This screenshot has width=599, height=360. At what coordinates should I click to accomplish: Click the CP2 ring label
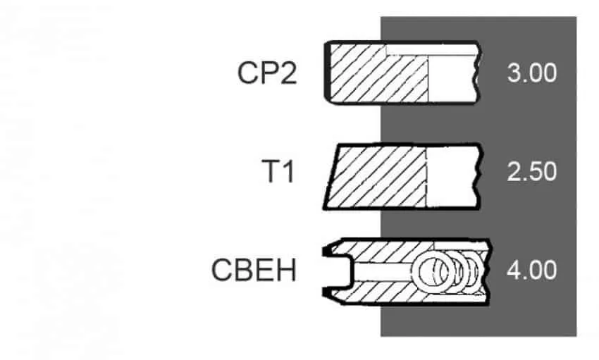pyautogui.click(x=267, y=73)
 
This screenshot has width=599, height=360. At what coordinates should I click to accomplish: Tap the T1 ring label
pyautogui.click(x=278, y=171)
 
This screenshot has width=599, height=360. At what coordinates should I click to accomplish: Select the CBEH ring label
pyautogui.click(x=254, y=271)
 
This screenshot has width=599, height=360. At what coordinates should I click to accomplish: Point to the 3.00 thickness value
pyautogui.click(x=532, y=73)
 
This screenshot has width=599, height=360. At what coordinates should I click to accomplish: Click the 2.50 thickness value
pyautogui.click(x=532, y=171)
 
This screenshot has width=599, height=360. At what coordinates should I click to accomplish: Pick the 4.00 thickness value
pyautogui.click(x=532, y=271)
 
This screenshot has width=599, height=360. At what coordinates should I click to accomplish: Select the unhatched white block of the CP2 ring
pyautogui.click(x=452, y=79)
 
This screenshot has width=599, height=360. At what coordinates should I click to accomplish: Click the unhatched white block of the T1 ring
pyautogui.click(x=452, y=177)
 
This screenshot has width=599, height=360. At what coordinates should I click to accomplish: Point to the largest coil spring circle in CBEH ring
pyautogui.click(x=433, y=271)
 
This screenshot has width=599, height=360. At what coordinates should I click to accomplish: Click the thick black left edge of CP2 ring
pyautogui.click(x=327, y=72)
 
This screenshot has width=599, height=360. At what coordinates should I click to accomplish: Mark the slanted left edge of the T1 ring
pyautogui.click(x=331, y=177)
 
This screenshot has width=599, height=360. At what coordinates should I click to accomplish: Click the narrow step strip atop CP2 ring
pyautogui.click(x=432, y=50)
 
